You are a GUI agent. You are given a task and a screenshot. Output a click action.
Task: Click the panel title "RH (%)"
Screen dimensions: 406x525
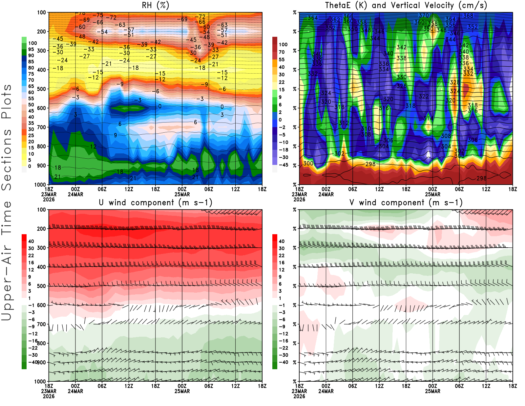[x=155, y=5]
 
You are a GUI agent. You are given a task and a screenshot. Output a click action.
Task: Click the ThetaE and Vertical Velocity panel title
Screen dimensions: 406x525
[x=406, y=5]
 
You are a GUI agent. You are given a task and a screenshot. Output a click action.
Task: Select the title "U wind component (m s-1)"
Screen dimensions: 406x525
[x=156, y=202]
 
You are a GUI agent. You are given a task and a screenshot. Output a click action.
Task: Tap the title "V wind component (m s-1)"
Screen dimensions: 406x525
[x=406, y=202]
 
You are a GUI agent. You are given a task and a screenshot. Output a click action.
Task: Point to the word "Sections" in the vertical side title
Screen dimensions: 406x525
[x=7, y=160]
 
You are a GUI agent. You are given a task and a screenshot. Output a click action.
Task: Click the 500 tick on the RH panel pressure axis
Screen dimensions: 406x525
[x=41, y=89]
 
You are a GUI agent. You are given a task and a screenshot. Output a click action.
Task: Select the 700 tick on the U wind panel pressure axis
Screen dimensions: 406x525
[x=41, y=324]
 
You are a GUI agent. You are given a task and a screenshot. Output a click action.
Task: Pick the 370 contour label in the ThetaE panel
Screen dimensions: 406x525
[x=424, y=15]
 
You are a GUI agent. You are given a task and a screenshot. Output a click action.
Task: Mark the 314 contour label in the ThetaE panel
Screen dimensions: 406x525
[x=428, y=118]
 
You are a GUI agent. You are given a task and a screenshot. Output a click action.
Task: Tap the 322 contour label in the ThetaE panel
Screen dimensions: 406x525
[x=424, y=96]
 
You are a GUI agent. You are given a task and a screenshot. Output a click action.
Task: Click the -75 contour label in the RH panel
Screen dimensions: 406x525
[x=98, y=15]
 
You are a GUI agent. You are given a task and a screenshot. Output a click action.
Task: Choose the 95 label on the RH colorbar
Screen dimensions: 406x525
[x=31, y=49]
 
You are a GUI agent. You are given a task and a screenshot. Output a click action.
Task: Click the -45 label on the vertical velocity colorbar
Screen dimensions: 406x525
[x=283, y=165]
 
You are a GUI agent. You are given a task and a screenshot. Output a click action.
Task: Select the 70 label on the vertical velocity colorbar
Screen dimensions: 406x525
[x=282, y=52]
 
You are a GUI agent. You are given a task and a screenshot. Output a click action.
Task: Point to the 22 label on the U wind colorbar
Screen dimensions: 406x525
[x=31, y=256]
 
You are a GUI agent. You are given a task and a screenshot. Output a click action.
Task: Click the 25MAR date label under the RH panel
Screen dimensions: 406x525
[x=182, y=194]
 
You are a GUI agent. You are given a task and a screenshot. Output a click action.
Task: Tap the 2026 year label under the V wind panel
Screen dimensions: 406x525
[x=299, y=396]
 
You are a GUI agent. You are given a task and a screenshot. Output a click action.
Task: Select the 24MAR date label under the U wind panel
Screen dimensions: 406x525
[x=75, y=391]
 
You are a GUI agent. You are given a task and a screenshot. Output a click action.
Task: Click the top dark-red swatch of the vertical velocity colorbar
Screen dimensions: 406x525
[x=275, y=41]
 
